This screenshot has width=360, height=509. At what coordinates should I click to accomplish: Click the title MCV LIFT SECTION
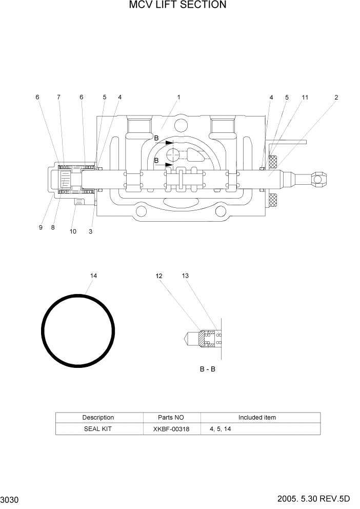pyautogui.click(x=177, y=6)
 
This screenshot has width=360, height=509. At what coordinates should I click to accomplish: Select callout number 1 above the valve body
pyautogui.click(x=178, y=97)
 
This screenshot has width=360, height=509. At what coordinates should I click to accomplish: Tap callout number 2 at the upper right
pyautogui.click(x=336, y=97)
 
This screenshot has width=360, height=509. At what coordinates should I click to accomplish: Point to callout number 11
pyautogui.click(x=305, y=97)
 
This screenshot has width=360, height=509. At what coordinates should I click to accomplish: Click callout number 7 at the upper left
pyautogui.click(x=58, y=97)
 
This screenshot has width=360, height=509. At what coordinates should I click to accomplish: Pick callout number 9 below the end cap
pyautogui.click(x=41, y=227)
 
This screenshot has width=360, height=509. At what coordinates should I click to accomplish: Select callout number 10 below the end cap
pyautogui.click(x=73, y=231)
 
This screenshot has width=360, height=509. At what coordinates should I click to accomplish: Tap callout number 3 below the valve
pyautogui.click(x=90, y=231)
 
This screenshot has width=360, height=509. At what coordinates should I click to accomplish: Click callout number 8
pyautogui.click(x=53, y=227)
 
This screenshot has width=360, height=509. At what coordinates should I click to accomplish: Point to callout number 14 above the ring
pyautogui.click(x=93, y=276)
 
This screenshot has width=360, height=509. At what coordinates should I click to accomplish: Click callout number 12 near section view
pyautogui.click(x=159, y=276)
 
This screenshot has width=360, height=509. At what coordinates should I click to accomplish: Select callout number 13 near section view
pyautogui.click(x=185, y=276)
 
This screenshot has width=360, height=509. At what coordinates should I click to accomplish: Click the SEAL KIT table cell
pyautogui.click(x=98, y=428)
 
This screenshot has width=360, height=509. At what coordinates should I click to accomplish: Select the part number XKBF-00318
pyautogui.click(x=171, y=428)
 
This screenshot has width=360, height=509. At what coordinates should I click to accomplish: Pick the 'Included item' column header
pyautogui.click(x=257, y=417)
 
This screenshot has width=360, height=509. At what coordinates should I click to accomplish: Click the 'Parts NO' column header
pyautogui.click(x=171, y=417)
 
